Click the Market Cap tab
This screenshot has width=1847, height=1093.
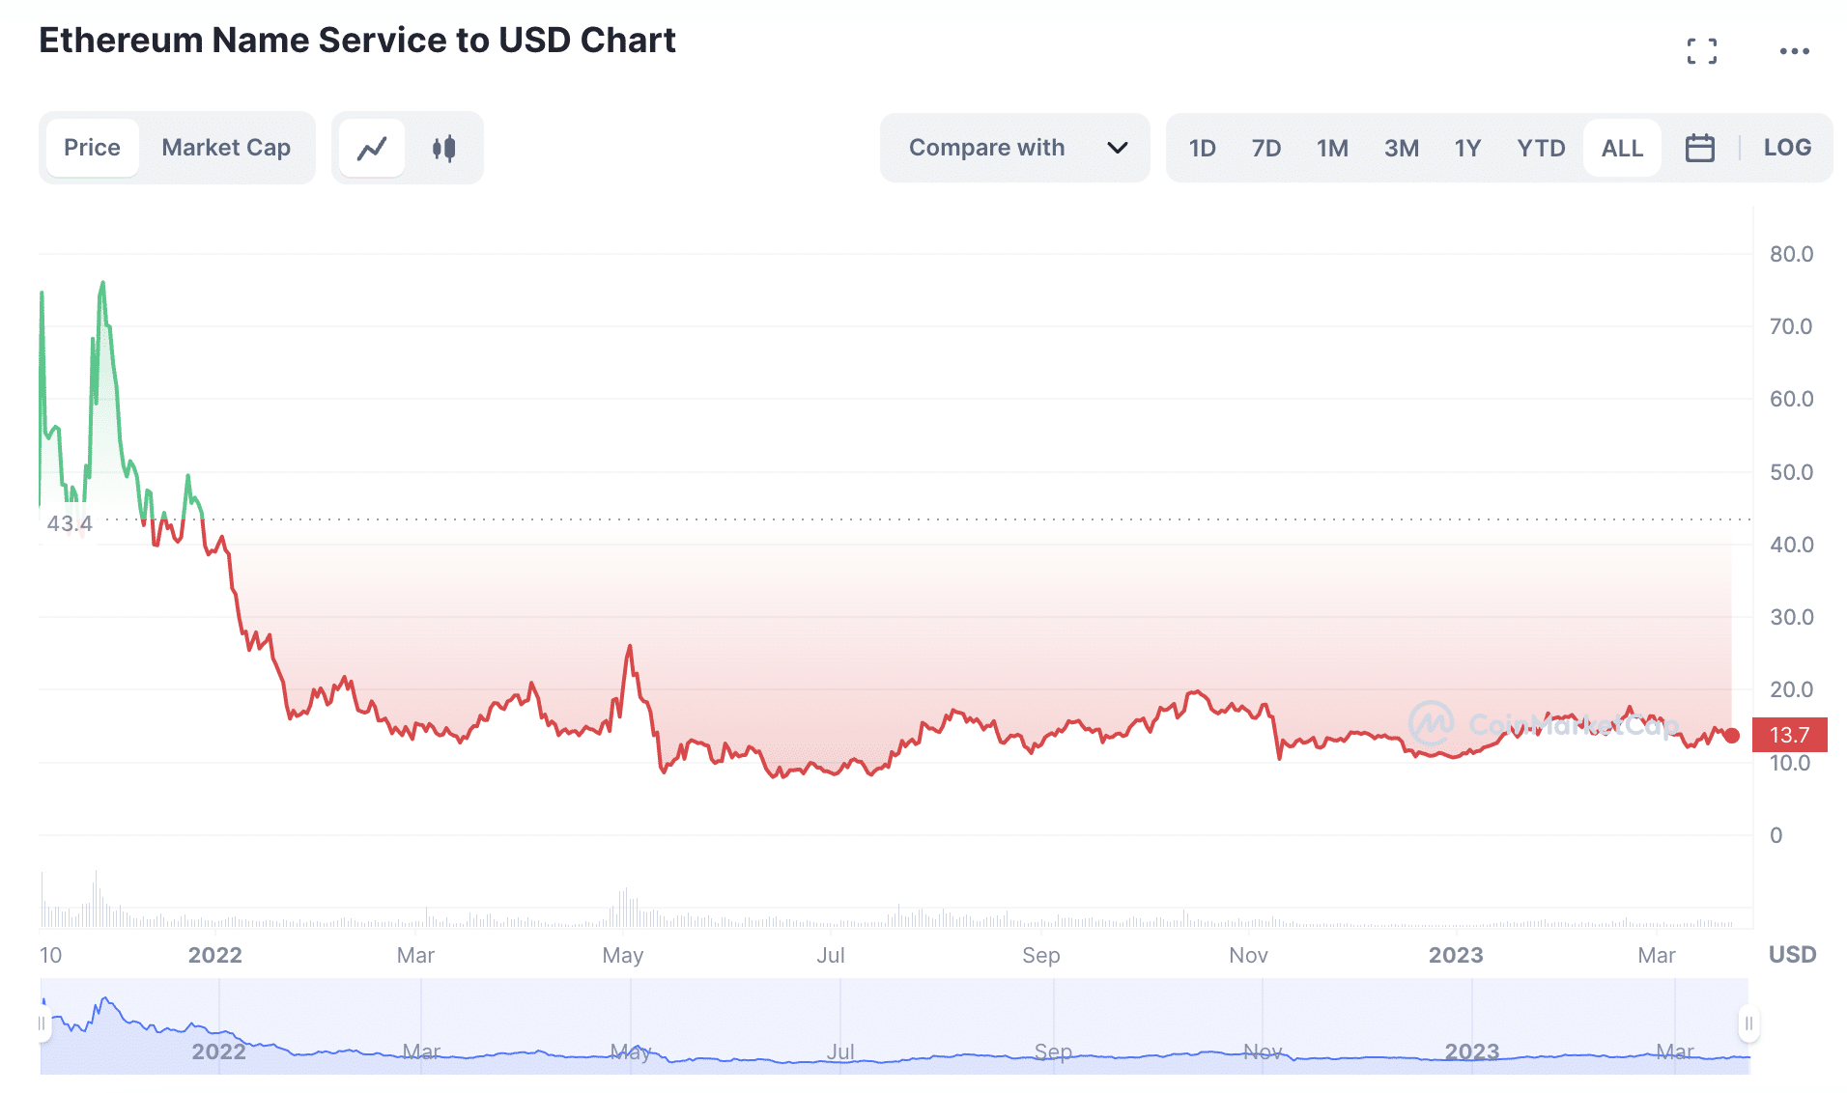coord(225,148)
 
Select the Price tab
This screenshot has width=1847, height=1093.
coord(92,148)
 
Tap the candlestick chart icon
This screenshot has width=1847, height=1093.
coord(443,148)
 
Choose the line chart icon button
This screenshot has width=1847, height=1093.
coord(372,148)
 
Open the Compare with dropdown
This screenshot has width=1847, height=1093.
coord(1014,148)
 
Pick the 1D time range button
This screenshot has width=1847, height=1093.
coord(1202,148)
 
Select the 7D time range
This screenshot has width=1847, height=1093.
coord(1265,148)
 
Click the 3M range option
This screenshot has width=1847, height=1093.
coord(1401,148)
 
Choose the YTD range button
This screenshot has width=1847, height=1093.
coord(1540,148)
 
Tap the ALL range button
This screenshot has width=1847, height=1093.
coord(1622,148)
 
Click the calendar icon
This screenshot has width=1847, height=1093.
coord(1699,148)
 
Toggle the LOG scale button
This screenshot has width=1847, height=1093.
coord(1787,148)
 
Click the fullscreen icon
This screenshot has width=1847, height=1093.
coord(1701,51)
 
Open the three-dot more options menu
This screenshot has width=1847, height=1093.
coord(1794,51)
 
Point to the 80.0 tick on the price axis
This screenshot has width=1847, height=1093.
coord(1791,254)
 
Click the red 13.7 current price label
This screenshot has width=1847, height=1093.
coord(1789,735)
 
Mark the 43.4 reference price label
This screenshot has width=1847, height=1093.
coord(70,523)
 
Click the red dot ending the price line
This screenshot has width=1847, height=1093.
coord(1732,736)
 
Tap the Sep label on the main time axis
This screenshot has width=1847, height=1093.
coord(1040,955)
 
